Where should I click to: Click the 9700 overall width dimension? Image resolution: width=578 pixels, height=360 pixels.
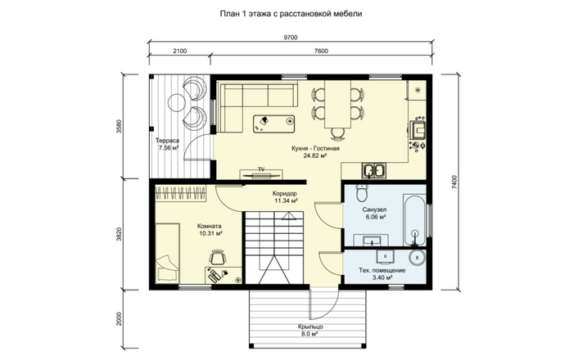[x=291, y=37]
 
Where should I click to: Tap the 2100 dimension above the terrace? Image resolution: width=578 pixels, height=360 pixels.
[x=179, y=51]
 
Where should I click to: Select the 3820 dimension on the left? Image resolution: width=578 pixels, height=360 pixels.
[x=119, y=234]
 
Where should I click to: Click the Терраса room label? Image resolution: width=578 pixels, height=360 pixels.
[x=167, y=141]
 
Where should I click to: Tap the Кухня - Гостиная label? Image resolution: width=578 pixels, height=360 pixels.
[x=315, y=148]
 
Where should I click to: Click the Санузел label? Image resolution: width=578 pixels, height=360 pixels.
[x=374, y=209]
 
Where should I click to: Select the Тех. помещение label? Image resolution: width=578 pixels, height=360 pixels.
[x=382, y=270]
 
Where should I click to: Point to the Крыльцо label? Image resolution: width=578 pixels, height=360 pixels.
[x=311, y=326]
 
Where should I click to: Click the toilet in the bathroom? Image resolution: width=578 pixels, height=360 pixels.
[x=362, y=193]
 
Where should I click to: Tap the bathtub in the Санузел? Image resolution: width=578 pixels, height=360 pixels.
[x=415, y=220]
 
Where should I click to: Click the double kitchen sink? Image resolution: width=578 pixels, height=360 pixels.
[x=374, y=170]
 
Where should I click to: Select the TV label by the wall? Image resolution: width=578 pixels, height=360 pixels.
[x=261, y=169]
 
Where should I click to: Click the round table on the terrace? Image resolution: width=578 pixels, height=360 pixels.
[x=177, y=101]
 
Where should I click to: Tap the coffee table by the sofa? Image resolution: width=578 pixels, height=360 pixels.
[x=274, y=124]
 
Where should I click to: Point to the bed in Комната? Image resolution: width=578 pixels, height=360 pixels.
[x=167, y=253]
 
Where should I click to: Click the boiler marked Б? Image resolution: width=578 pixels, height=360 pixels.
[x=418, y=258]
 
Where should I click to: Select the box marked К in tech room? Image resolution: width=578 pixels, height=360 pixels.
[x=386, y=256]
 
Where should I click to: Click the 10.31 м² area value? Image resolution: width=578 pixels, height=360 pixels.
[x=210, y=233]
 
